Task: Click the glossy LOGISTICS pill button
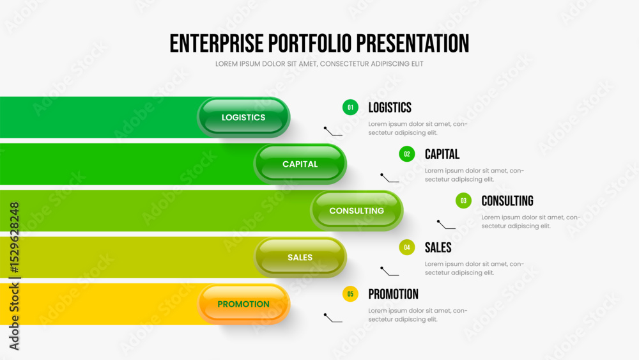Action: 243,118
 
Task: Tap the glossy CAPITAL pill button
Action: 300,164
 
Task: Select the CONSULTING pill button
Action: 357,211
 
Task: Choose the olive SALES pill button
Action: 300,257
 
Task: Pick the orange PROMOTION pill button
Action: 243,304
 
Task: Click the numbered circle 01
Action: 350,107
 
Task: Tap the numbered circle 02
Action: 406,154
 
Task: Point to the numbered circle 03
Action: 463,201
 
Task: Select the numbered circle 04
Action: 406,247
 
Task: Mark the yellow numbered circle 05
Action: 350,294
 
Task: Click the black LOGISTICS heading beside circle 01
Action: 390,107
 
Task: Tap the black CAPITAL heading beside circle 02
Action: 442,154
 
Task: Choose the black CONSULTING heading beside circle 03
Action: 507,201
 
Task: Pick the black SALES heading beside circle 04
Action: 438,247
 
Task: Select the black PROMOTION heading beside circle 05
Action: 393,294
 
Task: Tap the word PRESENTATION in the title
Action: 413,43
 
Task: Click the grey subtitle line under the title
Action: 319,64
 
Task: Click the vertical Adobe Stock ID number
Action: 14,238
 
